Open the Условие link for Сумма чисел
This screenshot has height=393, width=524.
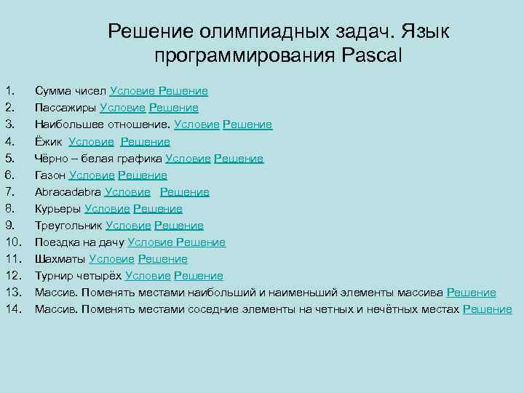[x=132, y=91]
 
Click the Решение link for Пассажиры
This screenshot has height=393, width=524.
[x=174, y=108]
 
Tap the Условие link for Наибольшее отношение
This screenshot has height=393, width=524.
[x=196, y=124]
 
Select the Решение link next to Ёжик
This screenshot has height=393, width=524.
[x=145, y=141]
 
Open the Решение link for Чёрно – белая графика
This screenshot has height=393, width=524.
[x=239, y=158]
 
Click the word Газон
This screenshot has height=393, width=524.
[x=50, y=175]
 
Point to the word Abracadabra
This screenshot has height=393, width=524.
[x=68, y=192]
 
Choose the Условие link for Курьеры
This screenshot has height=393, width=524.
[x=107, y=209]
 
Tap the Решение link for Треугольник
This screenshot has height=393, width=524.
[x=179, y=226]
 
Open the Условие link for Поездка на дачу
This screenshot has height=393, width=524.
[x=150, y=242]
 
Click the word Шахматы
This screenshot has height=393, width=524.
[x=61, y=259]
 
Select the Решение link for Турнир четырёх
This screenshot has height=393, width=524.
[x=199, y=276]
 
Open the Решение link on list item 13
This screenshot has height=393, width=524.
[x=471, y=293]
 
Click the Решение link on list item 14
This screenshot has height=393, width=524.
[x=488, y=309]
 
